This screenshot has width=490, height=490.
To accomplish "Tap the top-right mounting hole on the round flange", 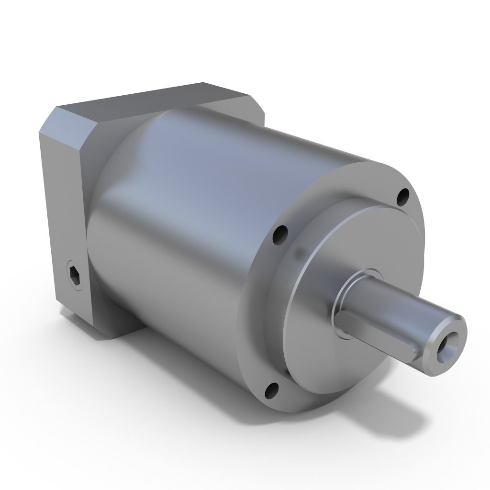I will coord(403,195).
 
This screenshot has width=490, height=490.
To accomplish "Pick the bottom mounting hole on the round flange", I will coord(271,391).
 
